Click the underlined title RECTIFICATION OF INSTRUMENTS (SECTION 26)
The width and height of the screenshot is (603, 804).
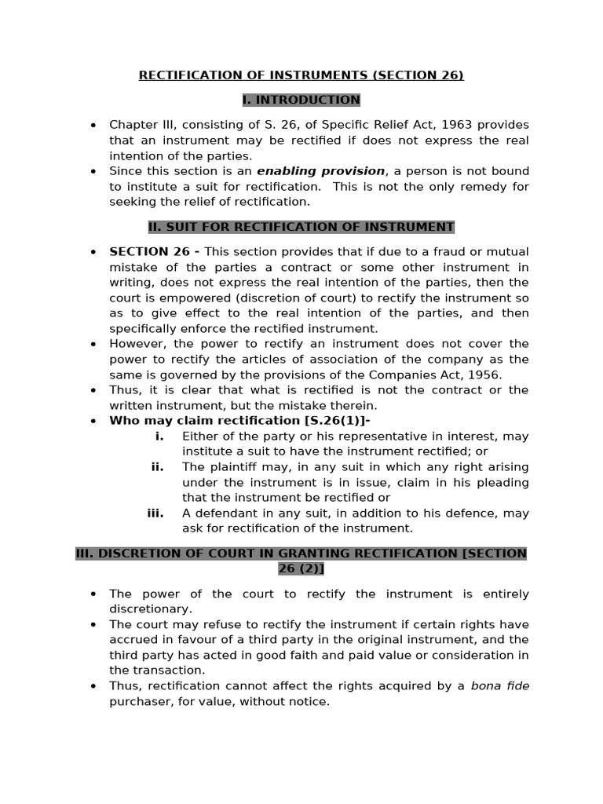pyautogui.click(x=301, y=75)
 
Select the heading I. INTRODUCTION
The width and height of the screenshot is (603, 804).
pyautogui.click(x=301, y=100)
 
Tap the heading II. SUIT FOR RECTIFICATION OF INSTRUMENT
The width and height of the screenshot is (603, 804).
pyautogui.click(x=301, y=227)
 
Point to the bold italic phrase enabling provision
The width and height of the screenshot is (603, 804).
pyautogui.click(x=321, y=171)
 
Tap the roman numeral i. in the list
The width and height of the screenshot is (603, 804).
pyautogui.click(x=159, y=436)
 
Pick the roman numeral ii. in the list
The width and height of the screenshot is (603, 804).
pyautogui.click(x=158, y=466)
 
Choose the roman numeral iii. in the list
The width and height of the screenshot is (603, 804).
pyautogui.click(x=155, y=513)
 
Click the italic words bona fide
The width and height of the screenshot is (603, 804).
pyautogui.click(x=500, y=686)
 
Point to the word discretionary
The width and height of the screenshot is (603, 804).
pyautogui.click(x=150, y=609)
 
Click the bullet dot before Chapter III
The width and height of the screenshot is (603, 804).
pyautogui.click(x=93, y=126)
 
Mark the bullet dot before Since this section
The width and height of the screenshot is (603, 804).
pyautogui.click(x=93, y=171)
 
